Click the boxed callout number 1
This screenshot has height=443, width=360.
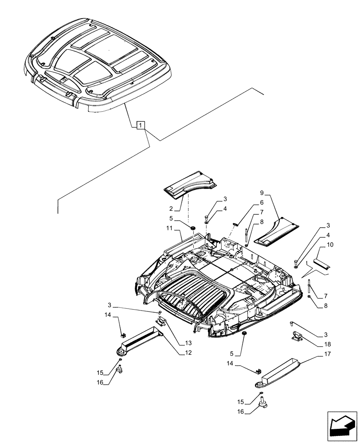pyautogui.click(x=140, y=126)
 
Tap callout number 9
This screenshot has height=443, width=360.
pyautogui.click(x=262, y=193)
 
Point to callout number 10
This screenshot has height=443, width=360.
pyautogui.click(x=331, y=245)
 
